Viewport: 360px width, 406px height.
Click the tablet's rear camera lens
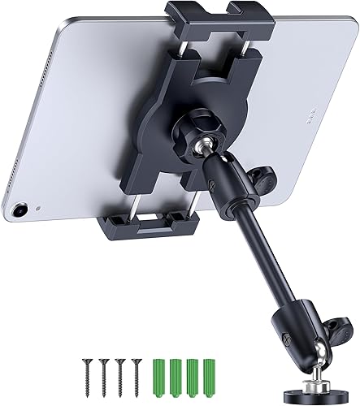pos(21,210)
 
